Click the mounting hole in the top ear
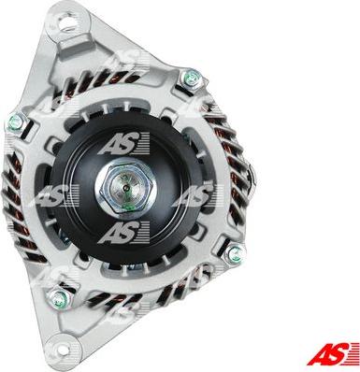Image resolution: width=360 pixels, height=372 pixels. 69,21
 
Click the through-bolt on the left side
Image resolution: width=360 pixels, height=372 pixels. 17,122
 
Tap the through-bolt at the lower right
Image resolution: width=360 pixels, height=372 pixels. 236,254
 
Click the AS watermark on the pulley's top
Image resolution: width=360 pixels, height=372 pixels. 124,143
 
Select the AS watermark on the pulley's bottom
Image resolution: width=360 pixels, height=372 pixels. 124,233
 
